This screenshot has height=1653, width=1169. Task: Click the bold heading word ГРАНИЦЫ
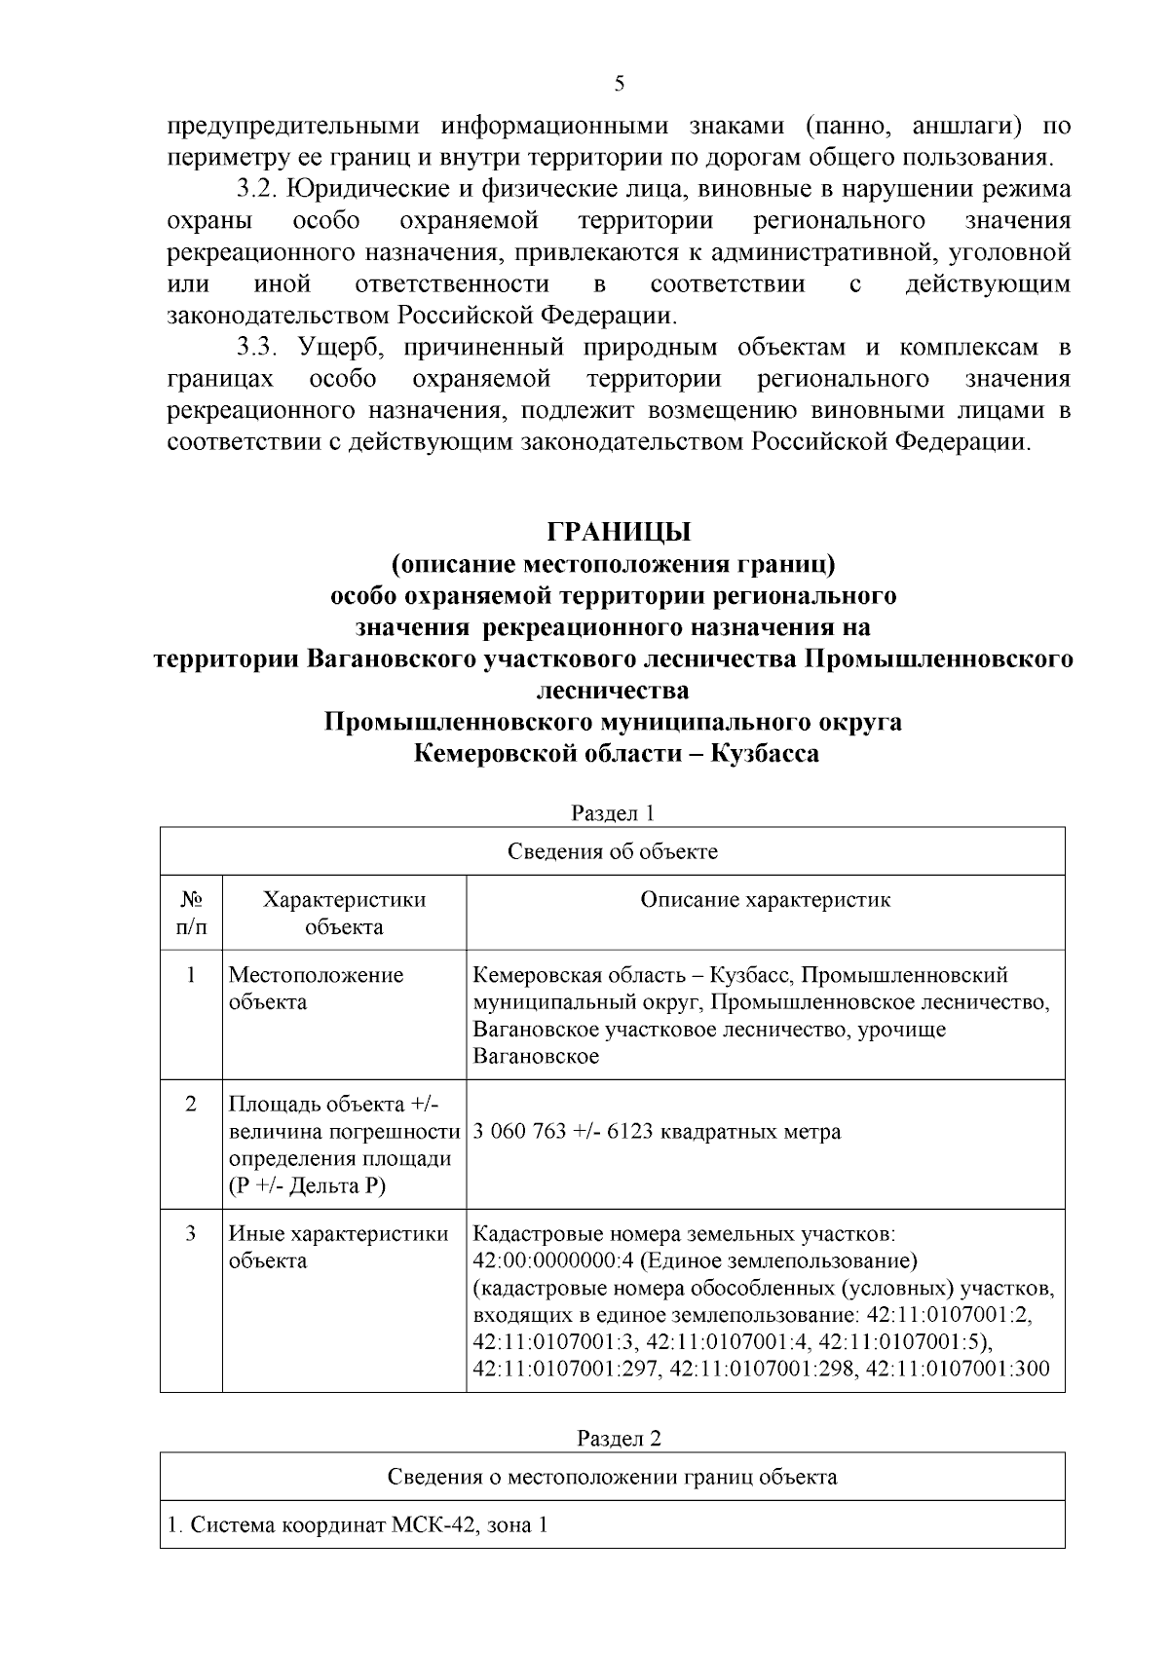[620, 532]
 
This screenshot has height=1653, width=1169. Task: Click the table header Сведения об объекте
[613, 851]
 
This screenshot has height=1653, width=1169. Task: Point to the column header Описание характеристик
[765, 899]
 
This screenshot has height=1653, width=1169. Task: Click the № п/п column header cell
[191, 913]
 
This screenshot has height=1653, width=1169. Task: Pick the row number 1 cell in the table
[191, 975]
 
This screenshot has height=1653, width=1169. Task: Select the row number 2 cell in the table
[191, 1105]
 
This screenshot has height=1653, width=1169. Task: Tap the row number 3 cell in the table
[191, 1234]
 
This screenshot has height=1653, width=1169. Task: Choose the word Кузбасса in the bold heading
[765, 753]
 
